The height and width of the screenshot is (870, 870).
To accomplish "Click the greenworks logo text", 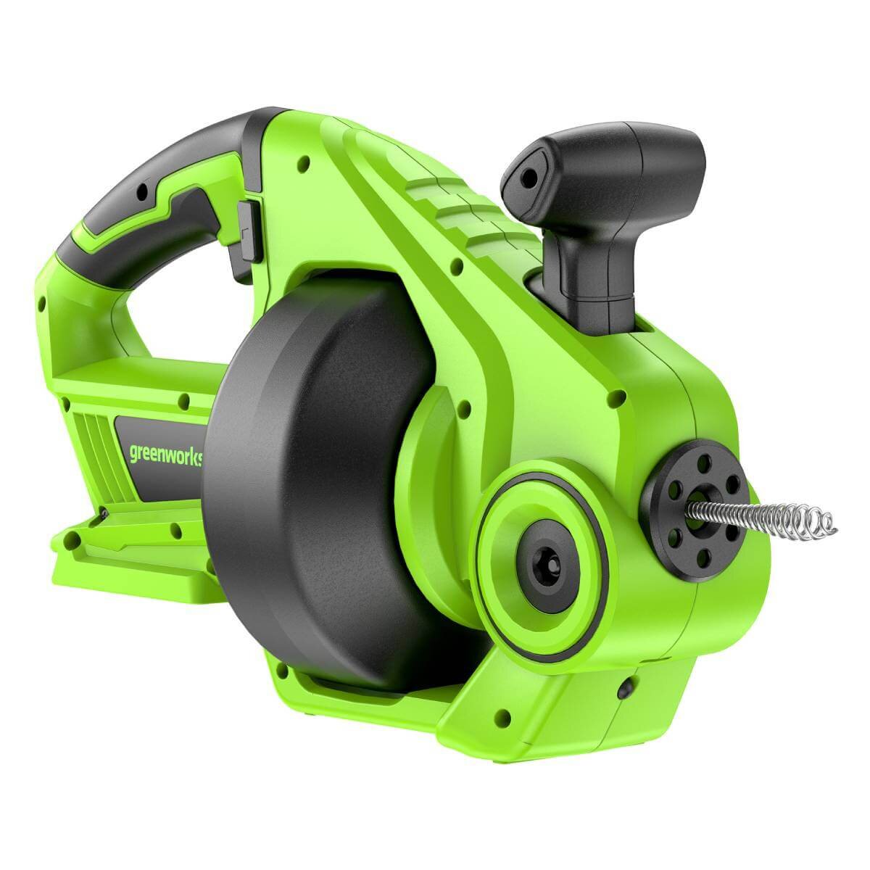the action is (166, 453).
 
